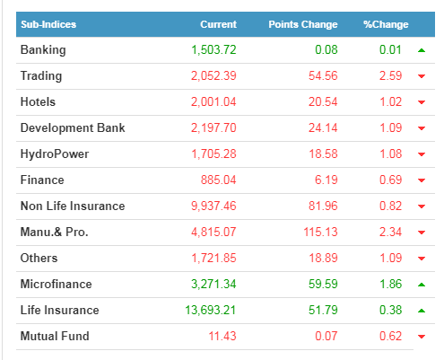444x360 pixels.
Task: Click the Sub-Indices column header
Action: click(x=48, y=24)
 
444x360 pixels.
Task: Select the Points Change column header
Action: click(x=303, y=24)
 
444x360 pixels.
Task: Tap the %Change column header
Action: click(x=386, y=24)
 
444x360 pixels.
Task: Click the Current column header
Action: click(x=218, y=24)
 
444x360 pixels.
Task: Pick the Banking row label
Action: click(x=43, y=50)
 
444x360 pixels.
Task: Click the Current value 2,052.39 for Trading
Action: click(x=213, y=75)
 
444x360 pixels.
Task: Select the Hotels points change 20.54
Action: click(x=323, y=101)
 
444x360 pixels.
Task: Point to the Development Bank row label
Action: click(x=73, y=127)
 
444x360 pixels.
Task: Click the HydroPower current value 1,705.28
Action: click(x=213, y=154)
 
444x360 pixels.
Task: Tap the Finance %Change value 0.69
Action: click(x=390, y=180)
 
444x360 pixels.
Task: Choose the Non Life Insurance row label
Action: click(x=73, y=206)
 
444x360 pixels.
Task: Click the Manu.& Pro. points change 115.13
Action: click(x=320, y=232)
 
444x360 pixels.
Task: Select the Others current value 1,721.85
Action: click(x=213, y=258)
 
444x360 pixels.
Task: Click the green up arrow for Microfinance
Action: click(x=422, y=285)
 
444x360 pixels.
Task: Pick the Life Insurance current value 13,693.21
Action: click(x=211, y=310)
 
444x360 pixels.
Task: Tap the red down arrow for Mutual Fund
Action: click(x=422, y=337)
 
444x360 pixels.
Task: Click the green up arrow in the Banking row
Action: click(x=422, y=50)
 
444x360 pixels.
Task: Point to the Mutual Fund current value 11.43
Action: click(x=222, y=336)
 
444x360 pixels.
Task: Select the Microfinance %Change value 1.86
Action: click(x=390, y=284)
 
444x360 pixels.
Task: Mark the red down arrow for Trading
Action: click(x=422, y=76)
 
